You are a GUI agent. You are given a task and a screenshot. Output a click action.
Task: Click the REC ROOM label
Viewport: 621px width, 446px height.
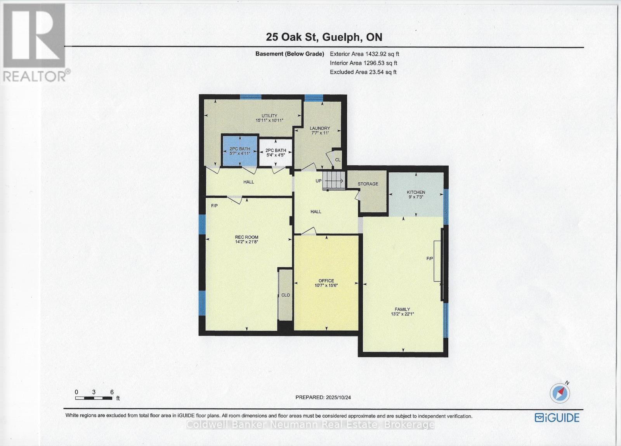(x=246, y=237)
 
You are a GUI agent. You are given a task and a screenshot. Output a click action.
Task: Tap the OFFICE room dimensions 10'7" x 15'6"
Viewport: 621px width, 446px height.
(x=326, y=286)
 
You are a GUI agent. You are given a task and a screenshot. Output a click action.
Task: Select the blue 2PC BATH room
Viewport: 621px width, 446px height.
(x=239, y=151)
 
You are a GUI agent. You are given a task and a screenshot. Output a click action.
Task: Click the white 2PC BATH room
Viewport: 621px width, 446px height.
(x=275, y=153)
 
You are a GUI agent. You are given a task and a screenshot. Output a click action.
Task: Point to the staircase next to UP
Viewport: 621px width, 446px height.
(x=334, y=181)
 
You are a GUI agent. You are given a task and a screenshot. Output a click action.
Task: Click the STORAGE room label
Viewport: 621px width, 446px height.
(x=368, y=184)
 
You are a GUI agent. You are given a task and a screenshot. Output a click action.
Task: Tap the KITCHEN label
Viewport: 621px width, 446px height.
(x=416, y=192)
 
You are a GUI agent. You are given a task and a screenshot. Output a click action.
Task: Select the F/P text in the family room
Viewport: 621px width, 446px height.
(x=430, y=259)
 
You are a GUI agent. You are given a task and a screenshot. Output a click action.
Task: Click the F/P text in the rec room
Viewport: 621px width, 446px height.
(x=214, y=206)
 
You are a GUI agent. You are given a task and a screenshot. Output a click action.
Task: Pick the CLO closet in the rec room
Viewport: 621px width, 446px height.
(x=285, y=295)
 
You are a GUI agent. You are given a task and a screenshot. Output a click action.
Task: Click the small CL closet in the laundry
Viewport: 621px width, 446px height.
(x=337, y=160)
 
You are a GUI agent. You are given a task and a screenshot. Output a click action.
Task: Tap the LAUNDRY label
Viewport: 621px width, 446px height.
(x=320, y=128)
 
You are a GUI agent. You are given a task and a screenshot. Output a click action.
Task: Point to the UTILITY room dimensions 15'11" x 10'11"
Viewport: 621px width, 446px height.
(x=269, y=121)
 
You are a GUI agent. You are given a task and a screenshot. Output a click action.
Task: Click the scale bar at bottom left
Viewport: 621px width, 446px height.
(x=94, y=398)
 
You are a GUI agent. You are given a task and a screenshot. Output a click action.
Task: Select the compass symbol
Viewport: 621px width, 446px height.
(x=559, y=393)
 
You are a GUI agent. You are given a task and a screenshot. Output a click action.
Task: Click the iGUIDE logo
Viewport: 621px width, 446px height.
(x=557, y=418)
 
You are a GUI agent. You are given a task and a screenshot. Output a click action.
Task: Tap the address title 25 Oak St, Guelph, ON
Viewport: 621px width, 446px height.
(x=324, y=37)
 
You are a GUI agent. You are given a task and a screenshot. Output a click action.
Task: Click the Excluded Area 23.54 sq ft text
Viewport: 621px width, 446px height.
(x=363, y=72)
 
